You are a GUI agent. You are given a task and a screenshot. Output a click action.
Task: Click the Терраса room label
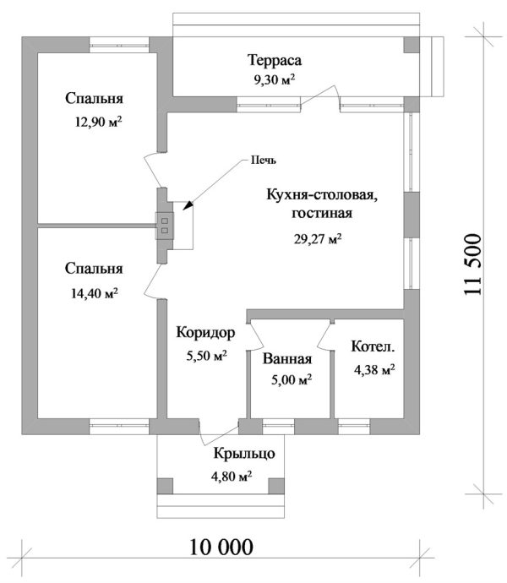pyautogui.click(x=275, y=61)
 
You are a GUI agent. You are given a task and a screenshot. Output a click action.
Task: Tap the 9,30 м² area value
pyautogui.click(x=275, y=79)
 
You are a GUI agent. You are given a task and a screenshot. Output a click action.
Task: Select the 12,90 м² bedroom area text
pyautogui.click(x=97, y=122)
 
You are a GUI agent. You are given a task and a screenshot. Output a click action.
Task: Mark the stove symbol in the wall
pyautogui.click(x=165, y=224)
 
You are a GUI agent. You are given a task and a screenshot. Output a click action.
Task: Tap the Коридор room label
pyautogui.click(x=205, y=332)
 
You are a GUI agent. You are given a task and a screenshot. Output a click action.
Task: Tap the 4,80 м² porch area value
pyautogui.click(x=232, y=477)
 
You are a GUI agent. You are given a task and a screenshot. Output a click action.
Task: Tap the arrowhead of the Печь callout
pyautogui.click(x=188, y=205)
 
